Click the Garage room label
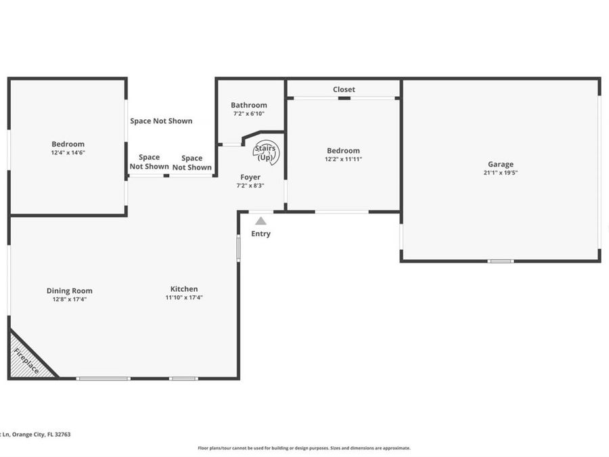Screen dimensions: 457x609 point(501,164)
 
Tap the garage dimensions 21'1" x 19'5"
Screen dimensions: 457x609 point(501,173)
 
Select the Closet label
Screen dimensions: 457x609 point(344,89)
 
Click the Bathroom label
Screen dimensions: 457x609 point(249,105)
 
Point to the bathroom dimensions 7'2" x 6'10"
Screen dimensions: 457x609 point(249,114)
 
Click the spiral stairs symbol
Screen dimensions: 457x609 point(265,153)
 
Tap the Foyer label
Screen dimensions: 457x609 point(250,177)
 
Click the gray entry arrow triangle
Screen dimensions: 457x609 point(261,221)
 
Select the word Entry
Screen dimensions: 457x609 point(261,234)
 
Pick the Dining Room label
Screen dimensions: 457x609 point(70,290)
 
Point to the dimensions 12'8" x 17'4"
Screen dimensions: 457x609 point(70,299)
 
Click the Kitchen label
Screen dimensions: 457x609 point(184,288)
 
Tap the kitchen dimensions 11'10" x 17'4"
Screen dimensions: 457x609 point(184,297)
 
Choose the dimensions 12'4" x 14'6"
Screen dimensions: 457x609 point(68,153)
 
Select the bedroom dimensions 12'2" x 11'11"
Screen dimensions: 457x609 point(343,160)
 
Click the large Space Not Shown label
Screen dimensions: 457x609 point(161,121)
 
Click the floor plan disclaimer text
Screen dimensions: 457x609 point(304,448)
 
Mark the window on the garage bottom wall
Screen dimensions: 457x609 point(501,261)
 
